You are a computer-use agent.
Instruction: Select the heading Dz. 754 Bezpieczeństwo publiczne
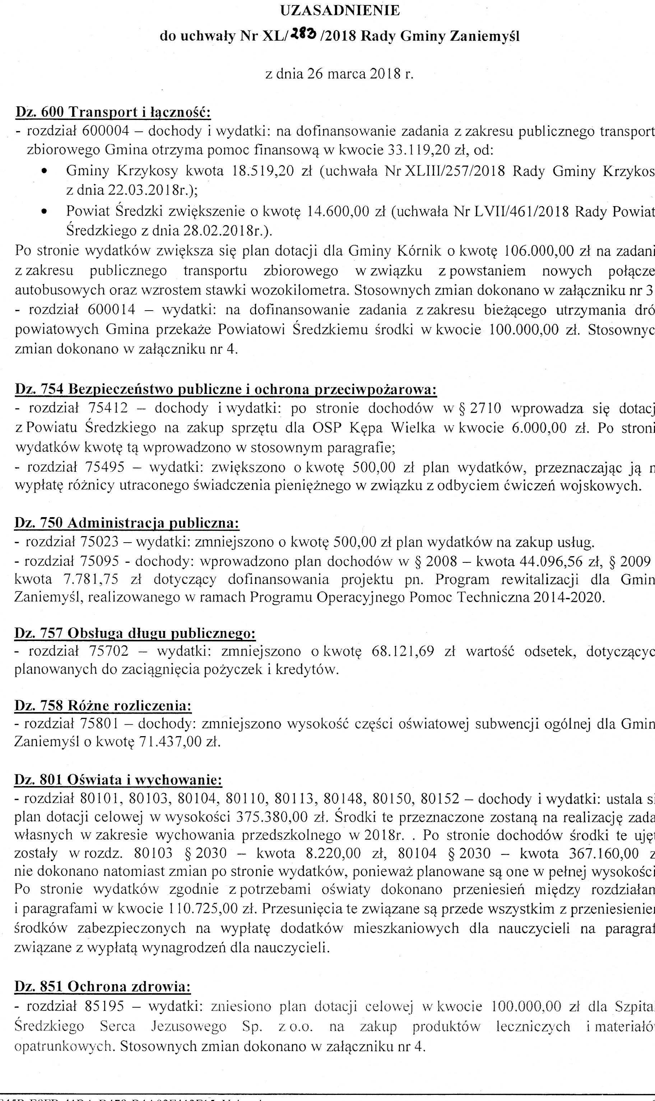(x=226, y=389)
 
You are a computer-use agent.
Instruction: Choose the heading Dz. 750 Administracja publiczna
(x=127, y=523)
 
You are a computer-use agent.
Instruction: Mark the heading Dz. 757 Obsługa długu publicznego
(x=135, y=633)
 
